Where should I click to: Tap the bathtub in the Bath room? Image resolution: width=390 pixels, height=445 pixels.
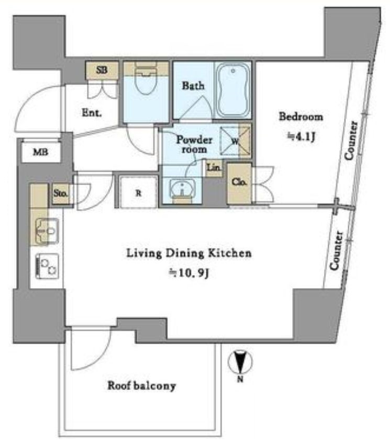pyautogui.click(x=233, y=90)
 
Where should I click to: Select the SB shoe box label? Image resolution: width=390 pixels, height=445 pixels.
pyautogui.click(x=102, y=70)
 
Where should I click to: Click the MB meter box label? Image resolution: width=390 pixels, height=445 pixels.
pyautogui.click(x=41, y=152)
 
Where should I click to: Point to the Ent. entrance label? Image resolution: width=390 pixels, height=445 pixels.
pyautogui.click(x=92, y=112)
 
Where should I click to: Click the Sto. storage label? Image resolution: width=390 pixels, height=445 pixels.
pyautogui.click(x=61, y=193)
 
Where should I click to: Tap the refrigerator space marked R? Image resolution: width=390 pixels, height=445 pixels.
pyautogui.click(x=138, y=193)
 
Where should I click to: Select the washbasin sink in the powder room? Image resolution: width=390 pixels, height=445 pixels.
pyautogui.click(x=182, y=188)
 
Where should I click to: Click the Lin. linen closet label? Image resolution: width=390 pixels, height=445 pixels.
pyautogui.click(x=214, y=167)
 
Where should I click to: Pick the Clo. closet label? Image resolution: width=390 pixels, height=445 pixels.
pyautogui.click(x=239, y=181)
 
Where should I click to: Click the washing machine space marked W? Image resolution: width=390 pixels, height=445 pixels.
pyautogui.click(x=235, y=141)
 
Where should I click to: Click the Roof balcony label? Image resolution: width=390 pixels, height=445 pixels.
pyautogui.click(x=141, y=385)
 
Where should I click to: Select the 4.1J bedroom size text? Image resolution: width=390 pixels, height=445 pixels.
pyautogui.click(x=302, y=137)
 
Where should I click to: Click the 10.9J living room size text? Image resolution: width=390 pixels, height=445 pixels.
pyautogui.click(x=189, y=273)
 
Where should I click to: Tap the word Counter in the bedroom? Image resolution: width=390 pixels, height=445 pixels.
pyautogui.click(x=351, y=141)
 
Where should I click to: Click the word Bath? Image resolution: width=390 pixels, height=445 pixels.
pyautogui.click(x=193, y=85)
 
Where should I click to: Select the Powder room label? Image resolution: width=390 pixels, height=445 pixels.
pyautogui.click(x=194, y=144)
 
